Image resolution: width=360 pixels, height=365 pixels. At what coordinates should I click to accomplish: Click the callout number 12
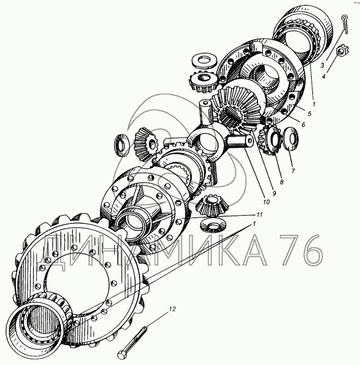(172, 309)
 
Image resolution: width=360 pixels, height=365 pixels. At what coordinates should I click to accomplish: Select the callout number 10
(266, 202)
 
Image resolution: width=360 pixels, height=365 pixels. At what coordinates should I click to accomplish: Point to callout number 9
(274, 193)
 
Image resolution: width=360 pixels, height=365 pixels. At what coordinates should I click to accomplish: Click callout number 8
(282, 182)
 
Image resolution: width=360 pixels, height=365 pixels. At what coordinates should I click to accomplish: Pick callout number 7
(293, 171)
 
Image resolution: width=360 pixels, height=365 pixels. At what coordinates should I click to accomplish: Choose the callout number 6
(303, 125)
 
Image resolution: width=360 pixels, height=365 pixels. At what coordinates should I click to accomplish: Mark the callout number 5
(309, 114)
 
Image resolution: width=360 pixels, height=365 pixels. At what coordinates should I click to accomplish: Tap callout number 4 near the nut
(324, 76)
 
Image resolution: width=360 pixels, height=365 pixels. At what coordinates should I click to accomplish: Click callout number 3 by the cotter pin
(322, 65)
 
